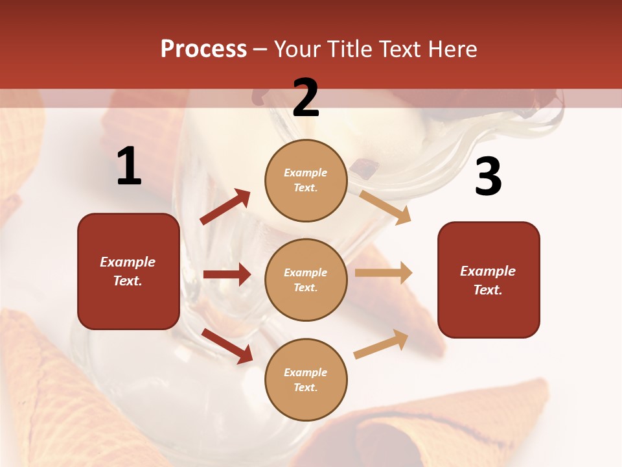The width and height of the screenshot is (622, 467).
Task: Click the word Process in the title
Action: tap(203, 49)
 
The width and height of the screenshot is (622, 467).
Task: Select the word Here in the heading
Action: tap(452, 49)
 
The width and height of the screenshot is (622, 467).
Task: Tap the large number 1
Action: tap(129, 167)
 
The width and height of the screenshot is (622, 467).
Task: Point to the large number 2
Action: tap(306, 99)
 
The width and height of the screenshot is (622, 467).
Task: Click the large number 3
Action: tap(488, 177)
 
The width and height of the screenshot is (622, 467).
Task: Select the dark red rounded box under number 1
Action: tap(128, 271)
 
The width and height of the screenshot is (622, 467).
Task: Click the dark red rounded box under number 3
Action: tap(489, 280)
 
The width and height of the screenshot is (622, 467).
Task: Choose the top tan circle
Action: tap(306, 180)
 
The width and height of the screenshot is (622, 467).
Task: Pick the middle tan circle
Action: tap(306, 280)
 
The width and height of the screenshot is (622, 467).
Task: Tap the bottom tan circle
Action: tap(306, 379)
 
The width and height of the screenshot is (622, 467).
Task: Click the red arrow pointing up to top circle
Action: tap(225, 206)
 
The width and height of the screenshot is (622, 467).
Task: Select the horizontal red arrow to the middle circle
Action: tap(227, 274)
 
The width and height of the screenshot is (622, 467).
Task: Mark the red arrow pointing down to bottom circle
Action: tap(227, 346)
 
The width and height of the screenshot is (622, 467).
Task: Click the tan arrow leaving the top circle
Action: tap(386, 207)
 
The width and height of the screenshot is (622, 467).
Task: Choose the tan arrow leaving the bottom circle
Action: tap(381, 344)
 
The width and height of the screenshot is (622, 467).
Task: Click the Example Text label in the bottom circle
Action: tap(306, 379)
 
